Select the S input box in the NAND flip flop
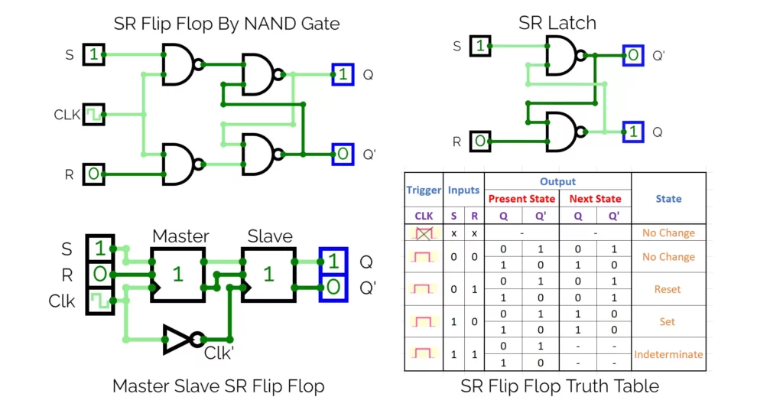pyautogui.click(x=93, y=54)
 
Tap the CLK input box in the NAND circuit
pyautogui.click(x=93, y=115)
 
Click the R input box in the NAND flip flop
pyautogui.click(x=93, y=174)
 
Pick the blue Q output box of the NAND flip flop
pyautogui.click(x=343, y=74)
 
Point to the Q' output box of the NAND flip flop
pyautogui.click(x=343, y=155)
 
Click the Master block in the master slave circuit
pyautogui.click(x=177, y=274)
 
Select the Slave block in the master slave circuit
pyautogui.click(x=268, y=274)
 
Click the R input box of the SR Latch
pyautogui.click(x=478, y=142)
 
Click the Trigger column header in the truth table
pyautogui.click(x=424, y=190)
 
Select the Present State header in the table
pyautogui.click(x=521, y=199)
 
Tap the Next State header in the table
pyautogui.click(x=595, y=199)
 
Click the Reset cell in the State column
pyautogui.click(x=668, y=289)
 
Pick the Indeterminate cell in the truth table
pyautogui.click(x=668, y=354)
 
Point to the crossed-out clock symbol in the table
pyautogui.click(x=424, y=233)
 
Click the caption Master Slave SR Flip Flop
pyautogui.click(x=218, y=386)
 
